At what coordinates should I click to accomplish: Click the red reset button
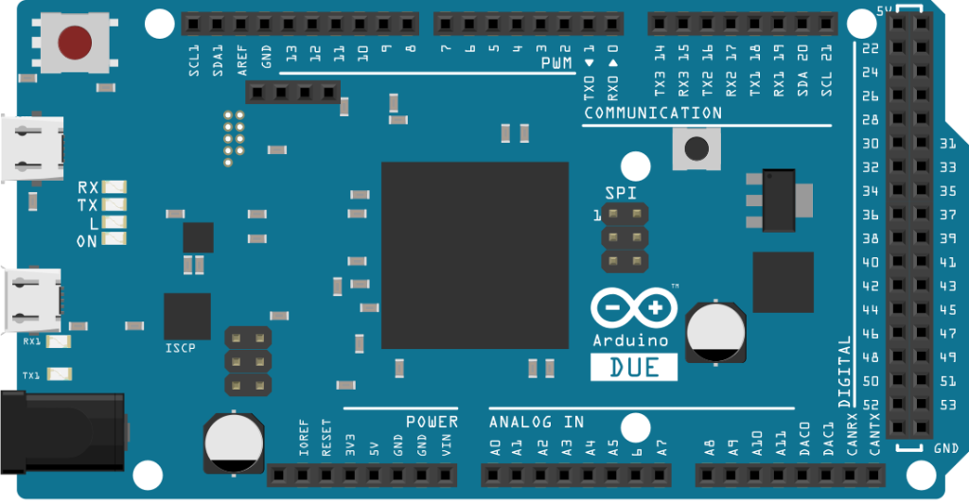tap(75, 42)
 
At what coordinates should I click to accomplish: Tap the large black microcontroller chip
tap(474, 255)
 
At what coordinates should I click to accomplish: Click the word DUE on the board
tap(635, 367)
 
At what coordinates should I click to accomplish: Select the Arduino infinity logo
tap(634, 308)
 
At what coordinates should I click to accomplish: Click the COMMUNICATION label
tap(653, 113)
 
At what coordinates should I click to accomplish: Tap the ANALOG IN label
tap(537, 422)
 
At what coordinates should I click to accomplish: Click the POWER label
tap(432, 422)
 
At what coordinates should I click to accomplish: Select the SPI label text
tap(621, 193)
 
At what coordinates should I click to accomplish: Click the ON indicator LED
tap(115, 240)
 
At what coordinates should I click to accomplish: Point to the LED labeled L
tap(115, 223)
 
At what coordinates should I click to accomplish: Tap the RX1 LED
tap(60, 341)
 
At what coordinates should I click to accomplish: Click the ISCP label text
tap(180, 348)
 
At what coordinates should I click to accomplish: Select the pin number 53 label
tap(946, 406)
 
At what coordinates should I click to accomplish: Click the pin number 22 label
tap(871, 48)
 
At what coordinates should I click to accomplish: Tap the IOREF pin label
tap(304, 439)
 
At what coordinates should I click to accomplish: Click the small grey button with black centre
tap(696, 148)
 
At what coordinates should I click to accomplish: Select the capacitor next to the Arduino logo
tap(714, 331)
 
